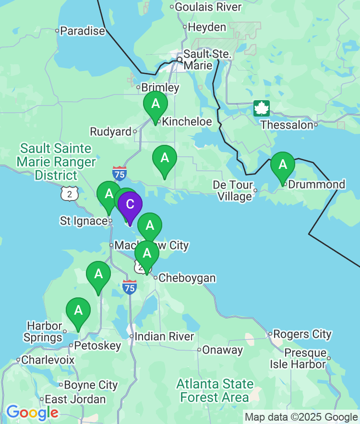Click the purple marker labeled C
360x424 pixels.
point(130,205)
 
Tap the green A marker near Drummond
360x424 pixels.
point(283,165)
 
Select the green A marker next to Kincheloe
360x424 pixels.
point(156,104)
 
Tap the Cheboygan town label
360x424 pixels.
point(187,278)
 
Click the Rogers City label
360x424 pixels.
point(303,334)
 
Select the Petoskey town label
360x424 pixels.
point(97,346)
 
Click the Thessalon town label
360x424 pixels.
point(287,125)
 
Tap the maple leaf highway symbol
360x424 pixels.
point(262,108)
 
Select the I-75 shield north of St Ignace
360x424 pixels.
point(120,173)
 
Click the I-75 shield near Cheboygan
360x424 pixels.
point(129,287)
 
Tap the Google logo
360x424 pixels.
point(32,412)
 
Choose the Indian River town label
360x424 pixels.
point(164,337)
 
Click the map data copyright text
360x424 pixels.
point(301,417)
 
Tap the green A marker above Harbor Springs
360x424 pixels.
point(78,311)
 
